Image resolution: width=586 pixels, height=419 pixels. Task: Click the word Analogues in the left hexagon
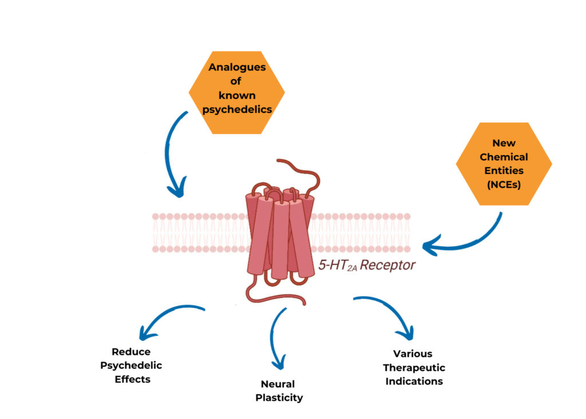tap(237, 67)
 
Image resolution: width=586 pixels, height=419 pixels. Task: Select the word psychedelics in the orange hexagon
tap(237, 109)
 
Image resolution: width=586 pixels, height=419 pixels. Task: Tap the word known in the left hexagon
tap(237, 95)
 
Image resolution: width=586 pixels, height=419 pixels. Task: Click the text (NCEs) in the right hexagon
tap(504, 184)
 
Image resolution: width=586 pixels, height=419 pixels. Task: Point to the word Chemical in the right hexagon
tap(504, 156)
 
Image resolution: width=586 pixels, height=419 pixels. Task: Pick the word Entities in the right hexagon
tap(504, 170)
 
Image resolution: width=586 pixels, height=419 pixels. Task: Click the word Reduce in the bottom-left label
tap(131, 351)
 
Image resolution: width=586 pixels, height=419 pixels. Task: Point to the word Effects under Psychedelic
tap(131, 379)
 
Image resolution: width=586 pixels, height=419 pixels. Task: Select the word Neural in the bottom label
tap(277, 384)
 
